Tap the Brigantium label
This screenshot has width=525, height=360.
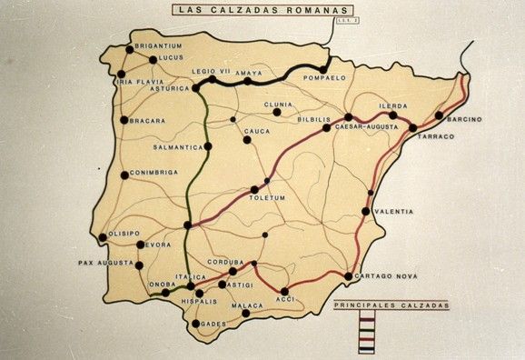(x=160, y=45)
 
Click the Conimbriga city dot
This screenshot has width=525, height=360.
(x=124, y=175)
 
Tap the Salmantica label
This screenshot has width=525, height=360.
(x=178, y=146)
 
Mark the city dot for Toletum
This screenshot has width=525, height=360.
(x=255, y=189)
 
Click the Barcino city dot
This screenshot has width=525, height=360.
(x=440, y=115)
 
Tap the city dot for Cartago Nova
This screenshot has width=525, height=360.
(x=349, y=275)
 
